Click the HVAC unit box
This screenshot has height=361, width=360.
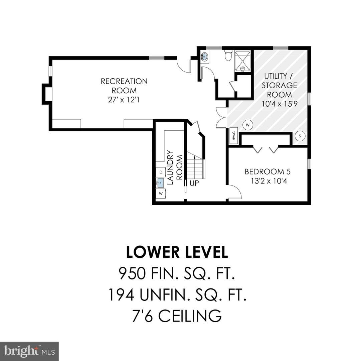pos(234,136)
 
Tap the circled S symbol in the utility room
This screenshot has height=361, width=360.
pos(300,136)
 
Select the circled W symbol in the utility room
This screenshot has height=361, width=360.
pos(248,125)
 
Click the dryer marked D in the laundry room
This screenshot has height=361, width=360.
pos(161,172)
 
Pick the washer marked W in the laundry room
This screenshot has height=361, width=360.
pos(161,194)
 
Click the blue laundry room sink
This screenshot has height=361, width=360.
pos(160,183)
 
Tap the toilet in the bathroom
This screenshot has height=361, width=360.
pos(228,55)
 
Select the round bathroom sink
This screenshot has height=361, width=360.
pos(205,56)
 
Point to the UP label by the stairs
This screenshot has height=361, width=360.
pos(194,183)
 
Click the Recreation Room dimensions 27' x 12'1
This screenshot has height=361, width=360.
pos(124,100)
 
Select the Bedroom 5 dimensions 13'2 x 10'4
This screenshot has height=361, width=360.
pos(269,181)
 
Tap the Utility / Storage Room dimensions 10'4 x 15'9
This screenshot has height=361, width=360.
pos(280,104)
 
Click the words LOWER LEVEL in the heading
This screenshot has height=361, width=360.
pos(177,252)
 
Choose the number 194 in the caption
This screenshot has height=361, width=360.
pos(122,295)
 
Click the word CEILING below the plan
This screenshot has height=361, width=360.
pos(190,316)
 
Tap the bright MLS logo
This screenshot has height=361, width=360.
pos(29,351)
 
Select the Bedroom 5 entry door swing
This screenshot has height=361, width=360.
pos(235,192)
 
